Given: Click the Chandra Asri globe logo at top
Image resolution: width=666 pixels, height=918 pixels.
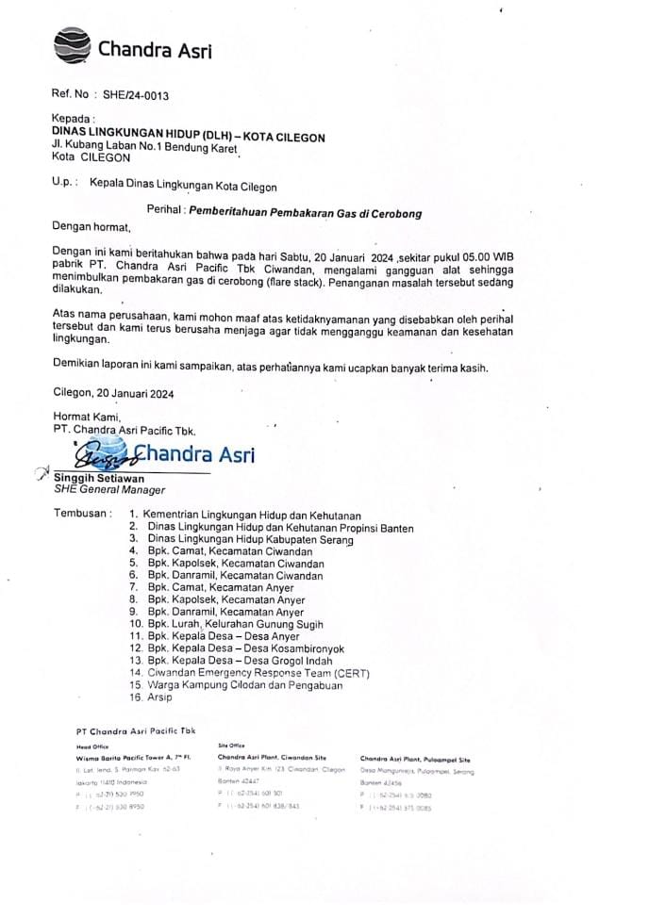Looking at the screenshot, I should tap(72, 46).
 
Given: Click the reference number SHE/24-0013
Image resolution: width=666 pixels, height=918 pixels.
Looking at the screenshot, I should tap(136, 96).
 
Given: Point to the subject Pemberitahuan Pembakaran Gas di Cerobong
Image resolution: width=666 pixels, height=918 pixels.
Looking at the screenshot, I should tap(305, 213).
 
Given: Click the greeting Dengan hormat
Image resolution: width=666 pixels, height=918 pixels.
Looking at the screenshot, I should tap(92, 227).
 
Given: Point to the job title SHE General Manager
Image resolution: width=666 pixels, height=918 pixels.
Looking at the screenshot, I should tap(109, 490).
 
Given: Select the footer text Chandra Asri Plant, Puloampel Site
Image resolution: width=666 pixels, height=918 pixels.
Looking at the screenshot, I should tap(415, 759).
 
